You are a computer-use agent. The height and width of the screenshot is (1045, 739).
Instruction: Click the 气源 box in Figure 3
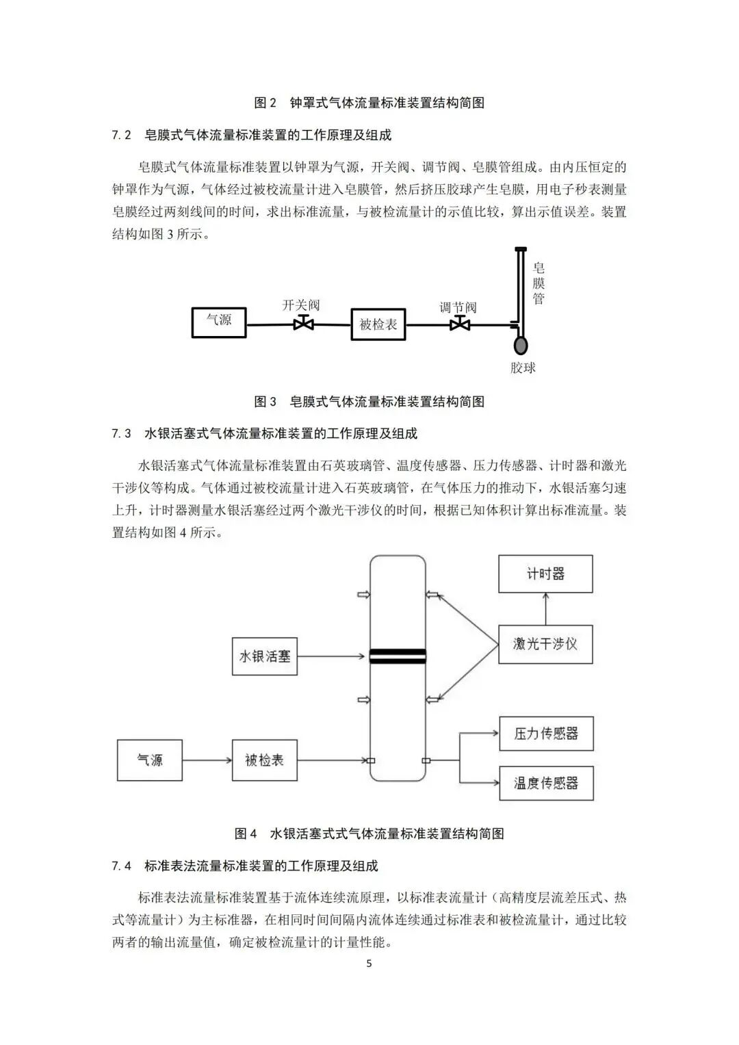tap(219, 322)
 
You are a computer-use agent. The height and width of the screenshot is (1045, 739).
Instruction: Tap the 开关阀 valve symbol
tap(303, 324)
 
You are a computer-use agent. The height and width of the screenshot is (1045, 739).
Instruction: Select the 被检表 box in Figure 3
tap(378, 324)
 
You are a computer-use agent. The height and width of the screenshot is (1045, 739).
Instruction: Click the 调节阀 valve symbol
tap(459, 324)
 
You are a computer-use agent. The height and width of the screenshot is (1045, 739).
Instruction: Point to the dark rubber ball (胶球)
tap(521, 344)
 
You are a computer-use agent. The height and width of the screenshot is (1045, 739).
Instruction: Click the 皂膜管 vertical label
tap(539, 283)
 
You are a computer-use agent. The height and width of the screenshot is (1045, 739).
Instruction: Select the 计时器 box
tap(545, 573)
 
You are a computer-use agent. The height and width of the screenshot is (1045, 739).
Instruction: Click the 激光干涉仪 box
tap(545, 644)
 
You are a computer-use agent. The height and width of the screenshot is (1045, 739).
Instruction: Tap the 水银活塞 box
tap(264, 656)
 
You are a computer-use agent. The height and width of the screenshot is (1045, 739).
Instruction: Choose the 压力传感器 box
tap(546, 734)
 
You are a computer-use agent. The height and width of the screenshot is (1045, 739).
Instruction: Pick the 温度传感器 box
tap(546, 783)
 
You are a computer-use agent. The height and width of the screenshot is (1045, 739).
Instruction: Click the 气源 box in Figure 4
tap(150, 760)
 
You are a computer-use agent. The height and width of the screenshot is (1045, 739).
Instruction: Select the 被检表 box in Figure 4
tap(264, 760)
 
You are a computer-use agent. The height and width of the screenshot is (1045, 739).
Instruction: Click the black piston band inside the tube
tap(398, 656)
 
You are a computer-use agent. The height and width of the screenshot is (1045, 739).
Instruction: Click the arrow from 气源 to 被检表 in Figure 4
tap(207, 760)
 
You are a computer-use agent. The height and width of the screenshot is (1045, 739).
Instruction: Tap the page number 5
tap(369, 964)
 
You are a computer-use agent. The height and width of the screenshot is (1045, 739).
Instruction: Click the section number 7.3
tap(121, 434)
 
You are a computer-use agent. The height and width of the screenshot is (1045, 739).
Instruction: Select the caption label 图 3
tap(265, 402)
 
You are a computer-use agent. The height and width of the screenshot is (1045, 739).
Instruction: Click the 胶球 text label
tap(523, 368)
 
